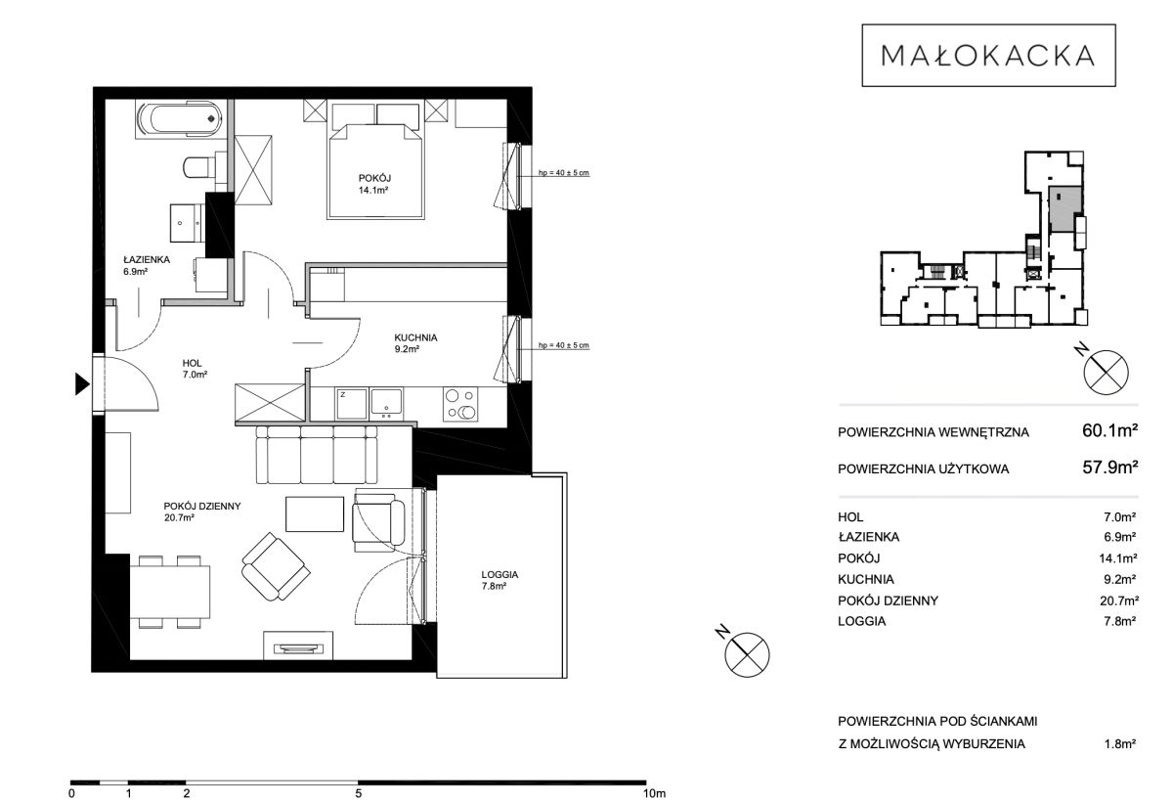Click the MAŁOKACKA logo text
(987, 56)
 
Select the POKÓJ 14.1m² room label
(374, 185)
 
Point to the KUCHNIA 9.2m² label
(415, 343)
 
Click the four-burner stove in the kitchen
(459, 404)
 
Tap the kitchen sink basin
(386, 401)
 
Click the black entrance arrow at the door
(82, 384)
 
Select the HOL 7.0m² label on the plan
(195, 369)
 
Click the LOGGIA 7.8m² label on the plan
(500, 580)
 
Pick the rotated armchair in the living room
(276, 566)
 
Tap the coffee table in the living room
(314, 514)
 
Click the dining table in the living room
(170, 592)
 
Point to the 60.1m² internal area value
(1109, 430)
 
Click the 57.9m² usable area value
(1109, 467)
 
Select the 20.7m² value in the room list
(1119, 601)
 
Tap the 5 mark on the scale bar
(358, 793)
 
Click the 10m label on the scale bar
(654, 793)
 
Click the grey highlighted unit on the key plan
(1065, 209)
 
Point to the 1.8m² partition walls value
(1120, 744)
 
